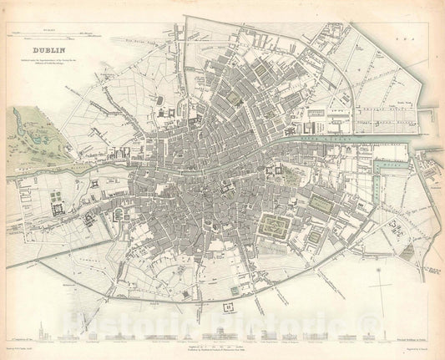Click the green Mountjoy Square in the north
click(x=236, y=98)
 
